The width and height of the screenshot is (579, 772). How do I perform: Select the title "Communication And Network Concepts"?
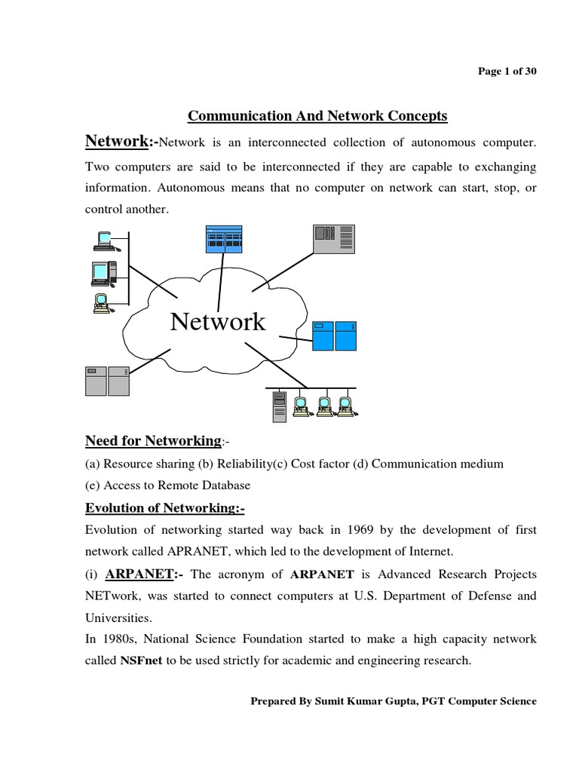pos(317,115)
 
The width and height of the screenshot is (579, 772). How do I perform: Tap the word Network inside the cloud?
pos(218,322)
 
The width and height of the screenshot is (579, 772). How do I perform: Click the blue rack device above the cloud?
pos(224,239)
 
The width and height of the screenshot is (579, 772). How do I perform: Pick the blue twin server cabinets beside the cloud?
pos(334,338)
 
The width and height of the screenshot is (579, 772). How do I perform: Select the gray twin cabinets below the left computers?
pos(106,381)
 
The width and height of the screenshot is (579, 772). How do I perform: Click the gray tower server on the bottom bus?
pos(280,406)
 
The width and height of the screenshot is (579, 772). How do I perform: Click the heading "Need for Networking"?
pos(154,440)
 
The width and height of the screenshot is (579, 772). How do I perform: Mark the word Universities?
pos(119,617)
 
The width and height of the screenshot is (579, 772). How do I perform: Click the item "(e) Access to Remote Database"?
pos(167,485)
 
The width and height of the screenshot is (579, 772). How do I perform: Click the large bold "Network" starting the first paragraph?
pos(116,141)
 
